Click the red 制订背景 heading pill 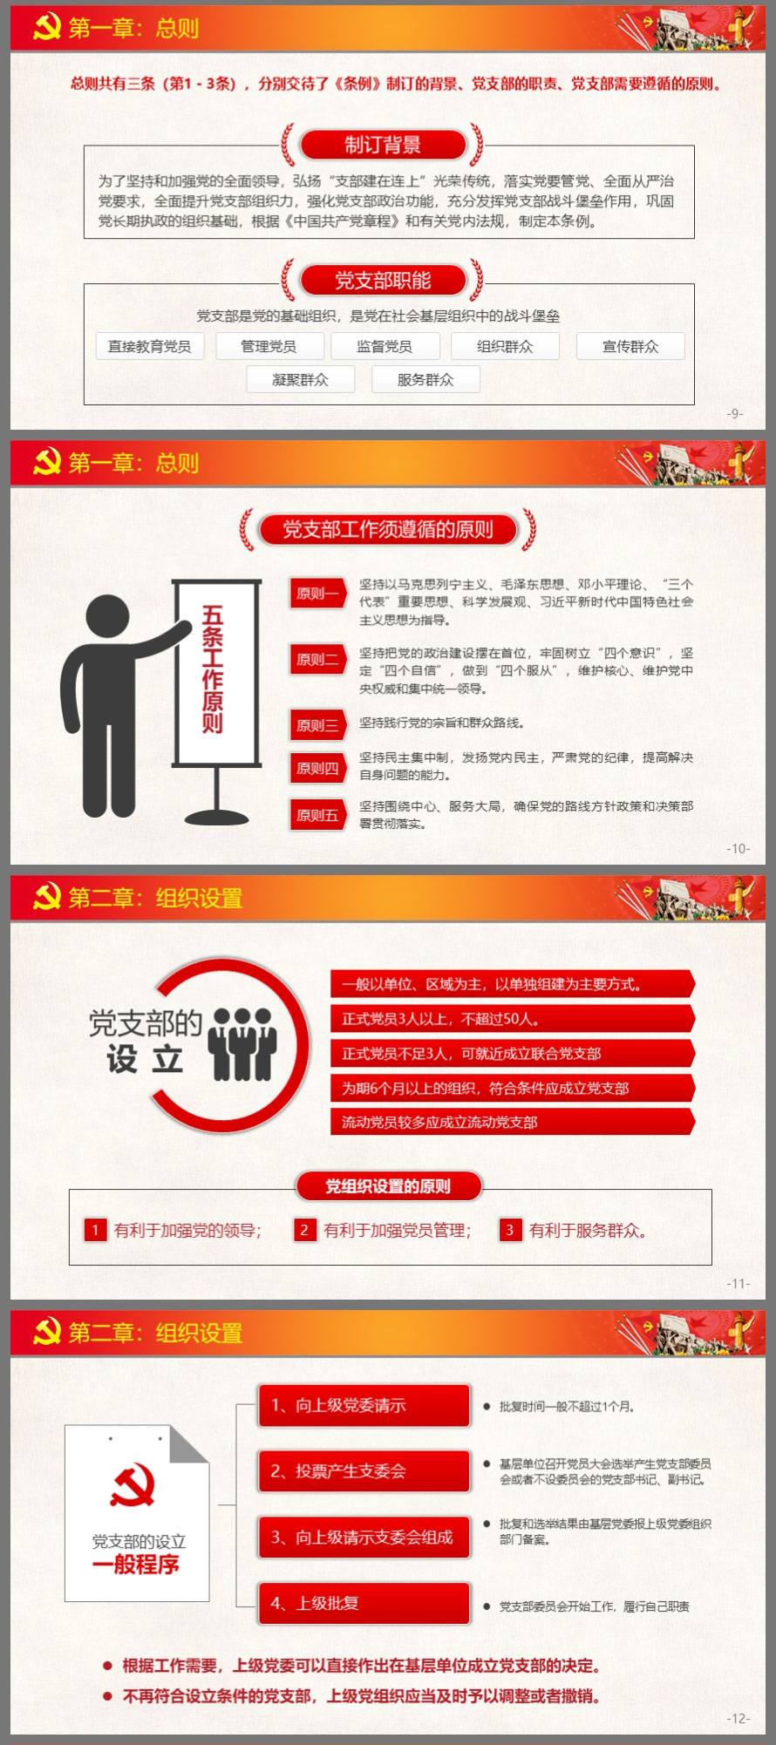[383, 145]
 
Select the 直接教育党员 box [149, 346]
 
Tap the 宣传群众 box [630, 346]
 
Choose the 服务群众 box [425, 379]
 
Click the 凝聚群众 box [300, 379]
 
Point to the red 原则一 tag [317, 594]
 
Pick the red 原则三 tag [317, 725]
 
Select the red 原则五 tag [317, 815]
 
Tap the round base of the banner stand [217, 817]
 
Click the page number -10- [739, 848]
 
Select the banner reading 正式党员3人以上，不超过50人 [512, 1018]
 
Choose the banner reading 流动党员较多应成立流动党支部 [512, 1122]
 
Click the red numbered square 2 [304, 1230]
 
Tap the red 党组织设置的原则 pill [388, 1185]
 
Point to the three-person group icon [244, 1043]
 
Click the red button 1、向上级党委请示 [364, 1405]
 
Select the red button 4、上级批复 [364, 1603]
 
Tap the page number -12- [739, 1718]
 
